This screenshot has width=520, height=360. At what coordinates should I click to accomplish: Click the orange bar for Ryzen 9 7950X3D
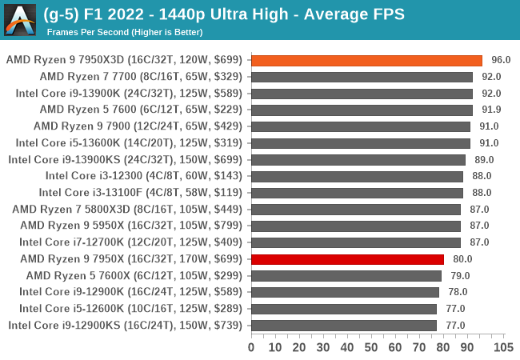coord(366,60)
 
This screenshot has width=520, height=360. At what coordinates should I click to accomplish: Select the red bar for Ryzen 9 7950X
coord(347,259)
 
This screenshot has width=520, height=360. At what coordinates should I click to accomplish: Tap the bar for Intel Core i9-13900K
coord(362,94)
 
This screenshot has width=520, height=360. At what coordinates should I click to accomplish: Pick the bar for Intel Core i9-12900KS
coord(343,326)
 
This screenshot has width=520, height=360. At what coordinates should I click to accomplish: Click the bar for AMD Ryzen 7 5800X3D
coord(356,210)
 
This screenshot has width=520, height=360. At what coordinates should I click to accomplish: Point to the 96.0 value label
coord(501,60)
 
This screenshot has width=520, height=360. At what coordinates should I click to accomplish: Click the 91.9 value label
coord(491,110)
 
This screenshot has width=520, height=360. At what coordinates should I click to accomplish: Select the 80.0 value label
coord(462,259)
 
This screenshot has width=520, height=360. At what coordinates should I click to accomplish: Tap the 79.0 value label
coord(460,276)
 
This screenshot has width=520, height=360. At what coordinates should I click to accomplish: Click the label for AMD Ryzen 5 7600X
coord(138,276)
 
